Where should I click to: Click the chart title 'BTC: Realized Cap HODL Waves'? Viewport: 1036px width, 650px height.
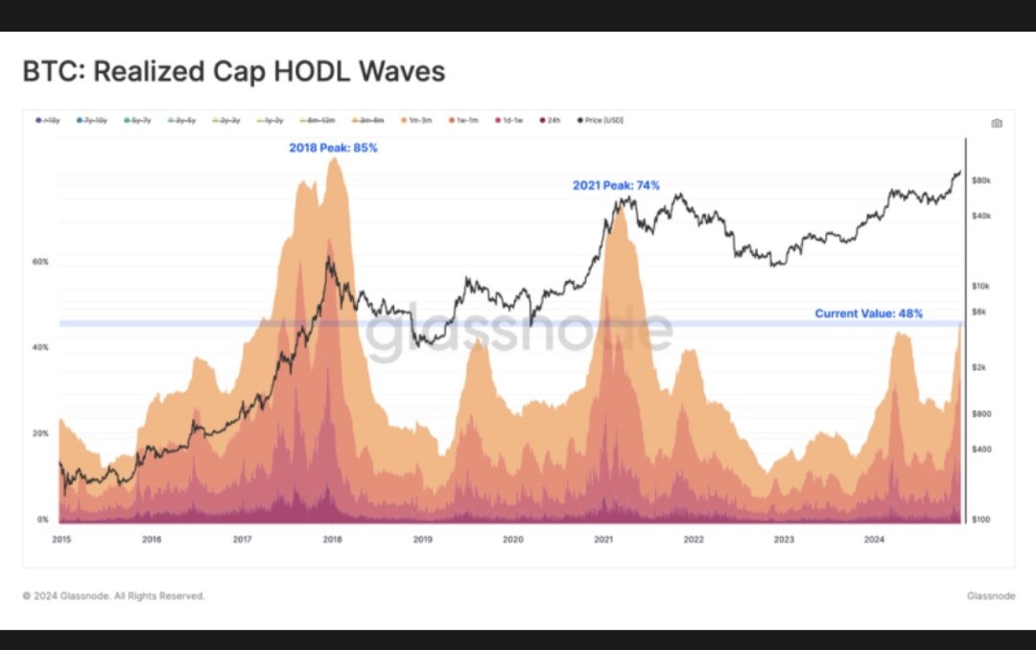tap(234, 72)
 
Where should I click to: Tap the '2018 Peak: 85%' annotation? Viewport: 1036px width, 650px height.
tap(333, 148)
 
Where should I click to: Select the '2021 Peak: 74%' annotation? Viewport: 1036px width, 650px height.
tap(616, 185)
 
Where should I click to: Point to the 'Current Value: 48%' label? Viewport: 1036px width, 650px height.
tap(868, 313)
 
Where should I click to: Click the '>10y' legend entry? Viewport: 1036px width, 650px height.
tap(48, 122)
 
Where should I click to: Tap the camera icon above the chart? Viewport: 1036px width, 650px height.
tap(996, 123)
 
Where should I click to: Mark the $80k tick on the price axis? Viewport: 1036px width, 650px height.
tap(980, 180)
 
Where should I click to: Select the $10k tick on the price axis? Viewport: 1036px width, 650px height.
tap(980, 287)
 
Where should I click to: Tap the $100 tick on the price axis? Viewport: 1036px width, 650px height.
tap(980, 520)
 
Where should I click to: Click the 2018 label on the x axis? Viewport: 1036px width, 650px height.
tap(332, 540)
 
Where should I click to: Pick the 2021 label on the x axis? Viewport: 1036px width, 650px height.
tap(603, 540)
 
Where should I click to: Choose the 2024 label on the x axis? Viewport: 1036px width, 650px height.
tap(874, 540)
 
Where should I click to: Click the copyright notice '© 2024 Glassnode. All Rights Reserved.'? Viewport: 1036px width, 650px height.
tap(114, 596)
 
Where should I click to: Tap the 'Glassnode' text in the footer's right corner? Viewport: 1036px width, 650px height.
tap(990, 596)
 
